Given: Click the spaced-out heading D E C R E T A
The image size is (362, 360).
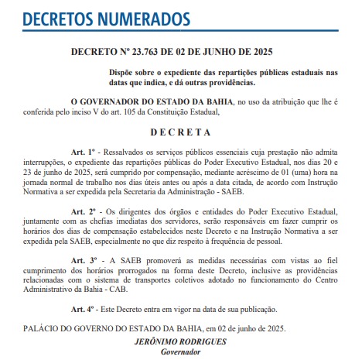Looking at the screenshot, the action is tap(180, 132).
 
